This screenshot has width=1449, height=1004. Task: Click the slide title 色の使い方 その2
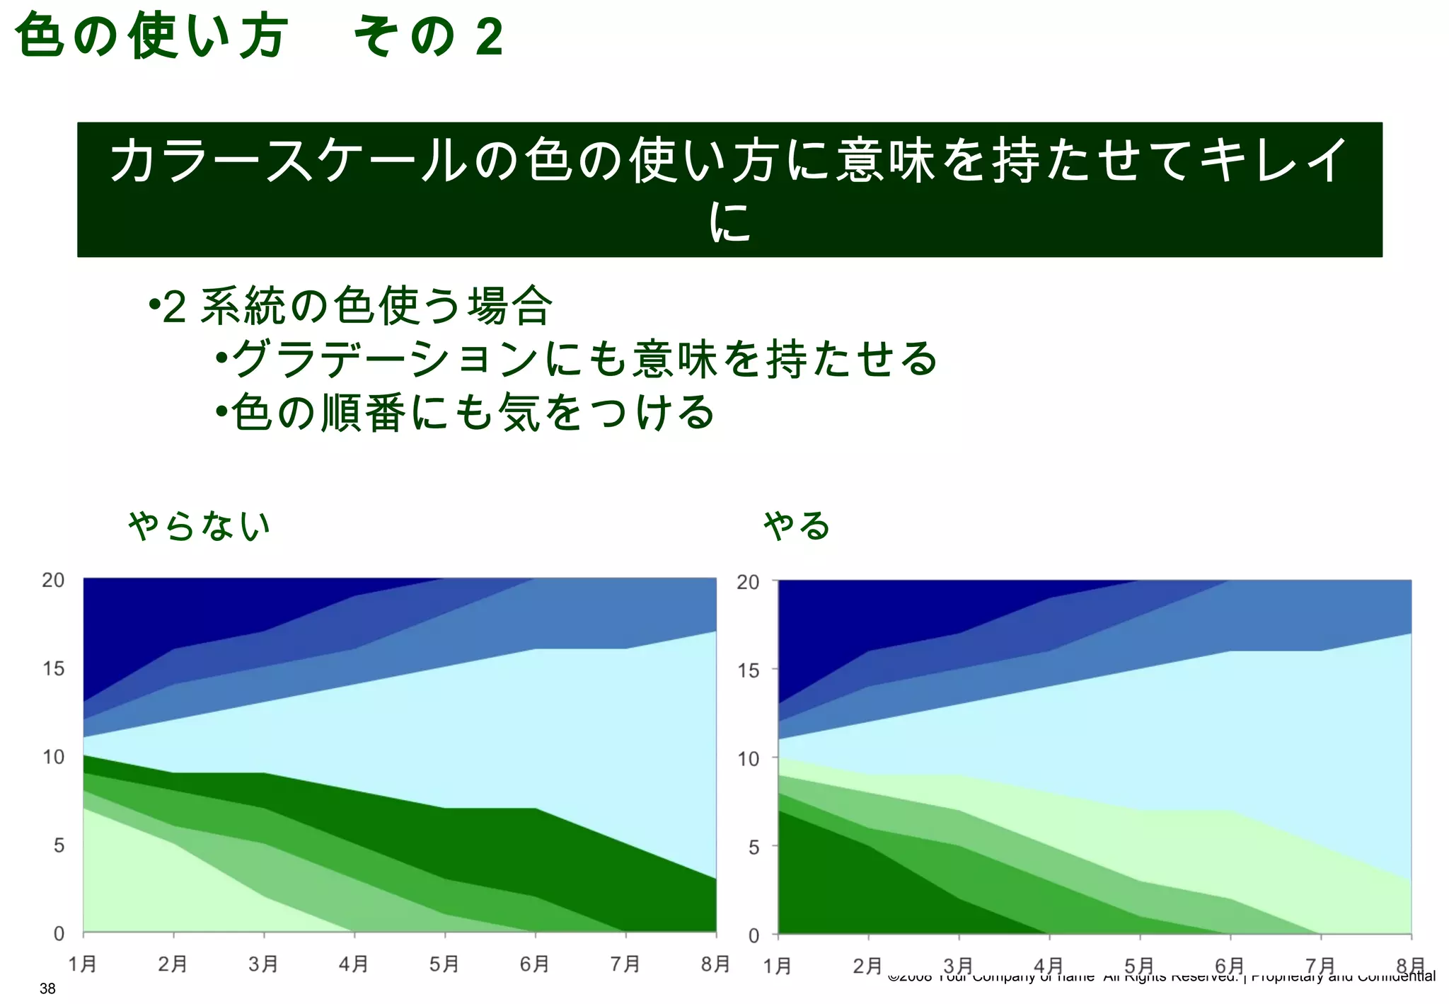pos(258,37)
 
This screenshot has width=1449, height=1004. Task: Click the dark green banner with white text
pos(729,189)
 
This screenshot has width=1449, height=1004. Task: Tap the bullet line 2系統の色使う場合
pos(350,306)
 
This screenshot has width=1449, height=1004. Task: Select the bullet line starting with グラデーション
pos(577,358)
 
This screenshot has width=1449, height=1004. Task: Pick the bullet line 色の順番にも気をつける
pos(465,412)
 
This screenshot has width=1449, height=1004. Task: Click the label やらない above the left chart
pos(200,525)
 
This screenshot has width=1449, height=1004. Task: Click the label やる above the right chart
pos(797,525)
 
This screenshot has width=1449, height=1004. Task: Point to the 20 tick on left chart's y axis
pos(53,580)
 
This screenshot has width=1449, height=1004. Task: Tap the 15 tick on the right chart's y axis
pos(749,670)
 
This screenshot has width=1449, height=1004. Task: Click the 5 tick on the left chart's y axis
pos(59,845)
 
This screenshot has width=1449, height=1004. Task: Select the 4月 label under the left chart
pos(353,964)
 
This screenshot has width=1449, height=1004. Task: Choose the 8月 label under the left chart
pos(715,964)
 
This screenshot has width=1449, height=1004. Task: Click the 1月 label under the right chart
pos(778,966)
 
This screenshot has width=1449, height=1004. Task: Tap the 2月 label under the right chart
pos(867,966)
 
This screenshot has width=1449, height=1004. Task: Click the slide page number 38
pos(47,989)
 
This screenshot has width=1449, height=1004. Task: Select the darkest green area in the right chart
pos(835,885)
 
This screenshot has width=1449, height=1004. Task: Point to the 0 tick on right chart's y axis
pos(754,935)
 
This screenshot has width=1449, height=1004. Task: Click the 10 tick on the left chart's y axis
pos(53,757)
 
